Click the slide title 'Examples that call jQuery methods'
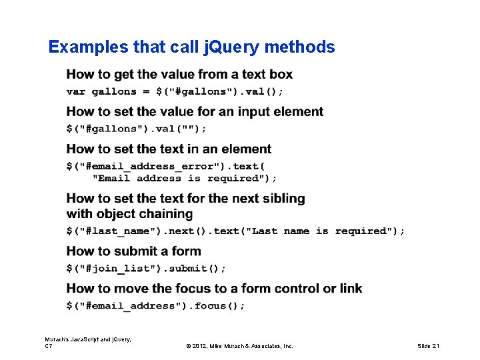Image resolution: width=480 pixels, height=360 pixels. coord(191,47)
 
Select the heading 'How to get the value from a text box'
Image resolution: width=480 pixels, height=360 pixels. coord(179,74)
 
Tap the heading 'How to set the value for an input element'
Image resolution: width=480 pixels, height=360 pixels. coord(195,111)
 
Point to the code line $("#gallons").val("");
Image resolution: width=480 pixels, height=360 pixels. coord(136,128)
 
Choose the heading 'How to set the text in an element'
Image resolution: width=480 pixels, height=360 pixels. coord(169,149)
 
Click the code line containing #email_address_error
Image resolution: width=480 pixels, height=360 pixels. coord(165,165)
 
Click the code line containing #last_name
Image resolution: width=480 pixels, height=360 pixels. coord(235,231)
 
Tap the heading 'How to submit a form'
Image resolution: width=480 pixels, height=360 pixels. coord(133,251)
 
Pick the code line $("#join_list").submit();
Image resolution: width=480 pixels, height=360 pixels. coord(146,268)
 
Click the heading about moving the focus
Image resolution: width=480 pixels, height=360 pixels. coord(214,289)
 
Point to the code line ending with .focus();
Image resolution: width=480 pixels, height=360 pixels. coord(155,305)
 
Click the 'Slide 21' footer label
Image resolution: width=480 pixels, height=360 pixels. coord(429,346)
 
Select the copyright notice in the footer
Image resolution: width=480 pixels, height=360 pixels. coord(239,346)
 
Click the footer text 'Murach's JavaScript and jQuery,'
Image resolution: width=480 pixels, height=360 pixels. coord(88,339)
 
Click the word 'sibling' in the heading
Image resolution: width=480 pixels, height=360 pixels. coord(282,198)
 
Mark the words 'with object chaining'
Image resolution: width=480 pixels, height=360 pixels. coord(129,214)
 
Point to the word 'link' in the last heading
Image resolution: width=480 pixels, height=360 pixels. coord(351,289)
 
